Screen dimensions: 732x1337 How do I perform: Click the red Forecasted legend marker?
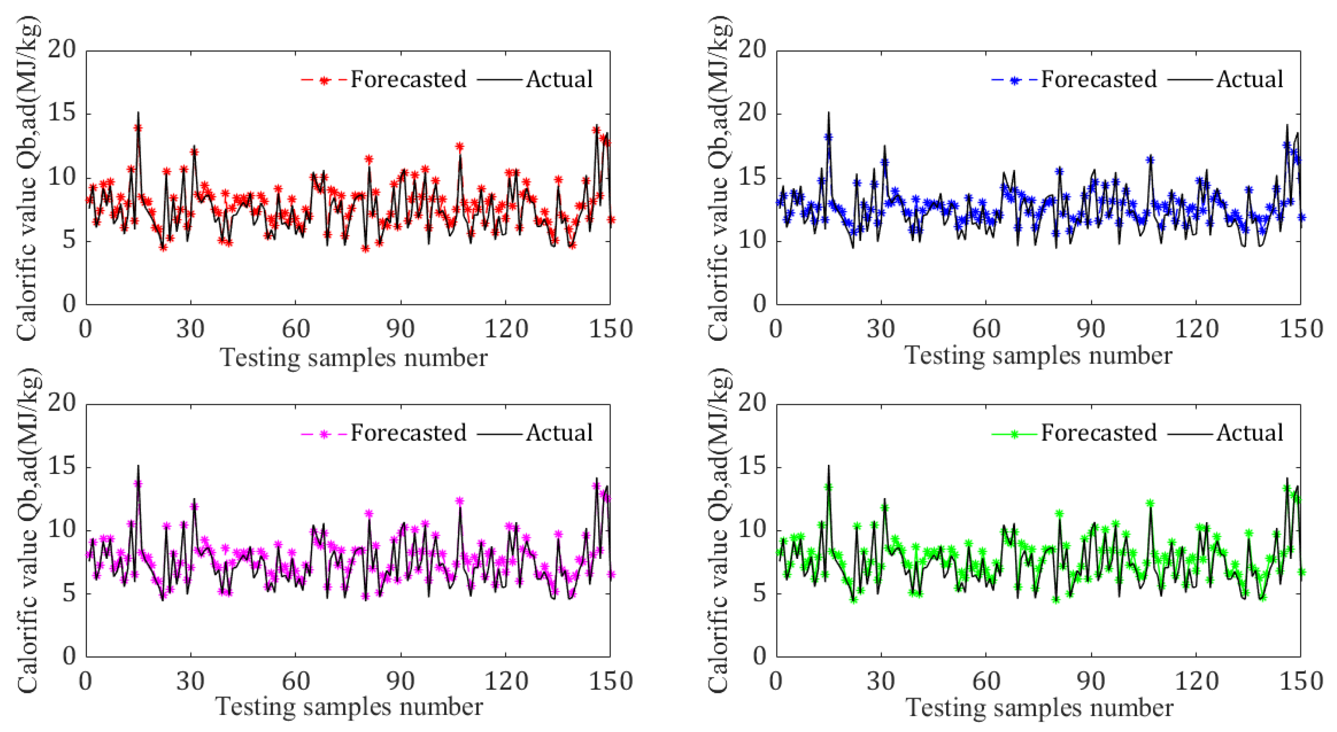[x=324, y=80]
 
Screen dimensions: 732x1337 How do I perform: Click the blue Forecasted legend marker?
[x=1015, y=80]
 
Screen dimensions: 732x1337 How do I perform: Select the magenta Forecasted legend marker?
[x=324, y=434]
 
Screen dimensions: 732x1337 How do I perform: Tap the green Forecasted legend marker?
[x=1015, y=434]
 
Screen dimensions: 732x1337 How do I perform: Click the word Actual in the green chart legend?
[x=1249, y=433]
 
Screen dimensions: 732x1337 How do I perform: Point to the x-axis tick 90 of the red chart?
[x=400, y=329]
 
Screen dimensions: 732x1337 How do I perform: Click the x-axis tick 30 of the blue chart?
[x=881, y=329]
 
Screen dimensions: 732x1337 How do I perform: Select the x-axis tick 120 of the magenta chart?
[x=505, y=681]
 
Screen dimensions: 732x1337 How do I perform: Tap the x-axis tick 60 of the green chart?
[x=986, y=681]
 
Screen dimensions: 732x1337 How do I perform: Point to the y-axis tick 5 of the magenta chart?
[x=69, y=593]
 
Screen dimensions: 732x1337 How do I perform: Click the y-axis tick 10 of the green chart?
[x=752, y=530]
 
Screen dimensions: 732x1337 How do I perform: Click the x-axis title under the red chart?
[x=353, y=358]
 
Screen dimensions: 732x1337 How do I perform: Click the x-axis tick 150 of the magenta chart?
[x=610, y=681]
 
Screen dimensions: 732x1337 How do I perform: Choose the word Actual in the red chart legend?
[x=559, y=79]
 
